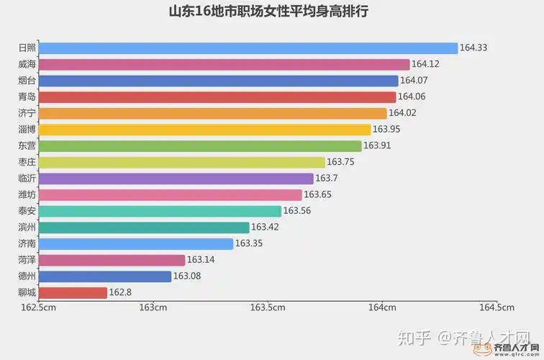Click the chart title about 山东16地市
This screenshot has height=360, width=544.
(x=272, y=13)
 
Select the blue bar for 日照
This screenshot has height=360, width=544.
(x=248, y=48)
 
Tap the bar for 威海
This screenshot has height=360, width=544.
(x=224, y=64)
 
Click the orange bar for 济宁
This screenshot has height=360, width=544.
(x=212, y=113)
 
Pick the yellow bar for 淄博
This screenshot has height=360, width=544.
(x=204, y=130)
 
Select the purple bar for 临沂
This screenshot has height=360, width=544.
(x=176, y=179)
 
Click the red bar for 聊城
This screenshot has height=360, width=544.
(x=73, y=292)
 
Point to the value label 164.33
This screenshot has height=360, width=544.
(x=473, y=48)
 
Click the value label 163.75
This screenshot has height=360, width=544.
(x=340, y=162)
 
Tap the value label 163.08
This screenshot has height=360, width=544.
(x=187, y=276)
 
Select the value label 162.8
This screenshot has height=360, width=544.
(x=119, y=292)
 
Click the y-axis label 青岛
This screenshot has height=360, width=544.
(x=27, y=96)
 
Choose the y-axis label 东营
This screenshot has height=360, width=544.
(x=27, y=145)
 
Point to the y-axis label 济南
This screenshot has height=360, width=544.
(x=27, y=243)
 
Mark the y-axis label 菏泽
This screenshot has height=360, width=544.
(x=27, y=260)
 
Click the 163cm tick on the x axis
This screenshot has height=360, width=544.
(x=153, y=308)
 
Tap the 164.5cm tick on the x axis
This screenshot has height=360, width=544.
(x=496, y=308)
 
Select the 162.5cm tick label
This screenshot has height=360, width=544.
(x=39, y=308)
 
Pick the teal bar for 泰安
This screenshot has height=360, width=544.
(x=160, y=211)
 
